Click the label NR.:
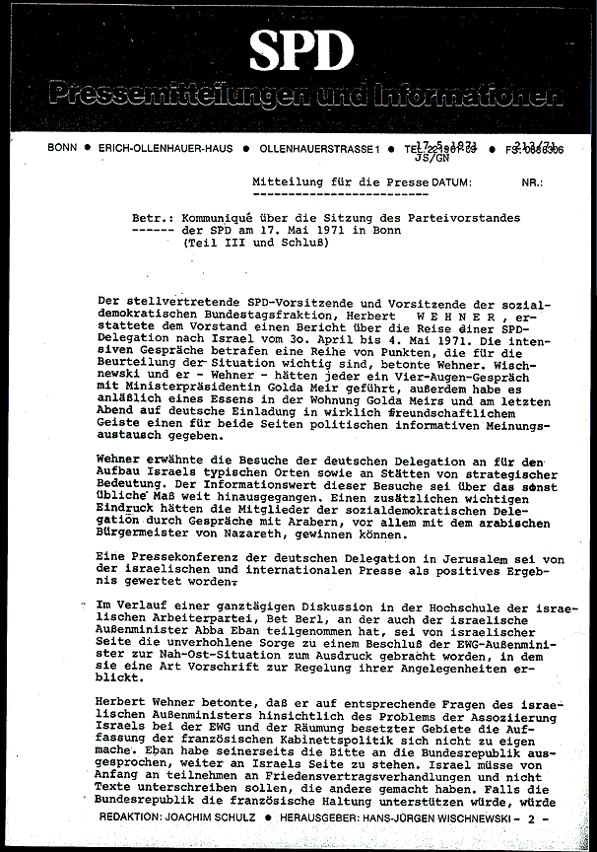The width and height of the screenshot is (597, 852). [x=533, y=182]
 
